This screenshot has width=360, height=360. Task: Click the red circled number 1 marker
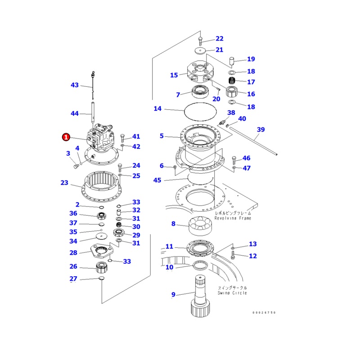pyautogui.click(x=66, y=136)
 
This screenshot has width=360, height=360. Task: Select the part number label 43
pyautogui.click(x=75, y=85)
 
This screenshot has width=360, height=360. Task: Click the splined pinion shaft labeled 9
pyautogui.click(x=199, y=297)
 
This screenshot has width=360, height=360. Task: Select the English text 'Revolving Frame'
pyautogui.click(x=233, y=218)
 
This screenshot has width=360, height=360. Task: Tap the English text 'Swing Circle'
pyautogui.click(x=232, y=293)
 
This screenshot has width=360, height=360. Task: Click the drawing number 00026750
pyautogui.click(x=264, y=313)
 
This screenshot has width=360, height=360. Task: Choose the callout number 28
pyautogui.click(x=73, y=252)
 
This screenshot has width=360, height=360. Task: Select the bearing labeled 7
pyautogui.click(x=199, y=91)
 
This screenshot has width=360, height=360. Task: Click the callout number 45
pyautogui.click(x=157, y=180)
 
